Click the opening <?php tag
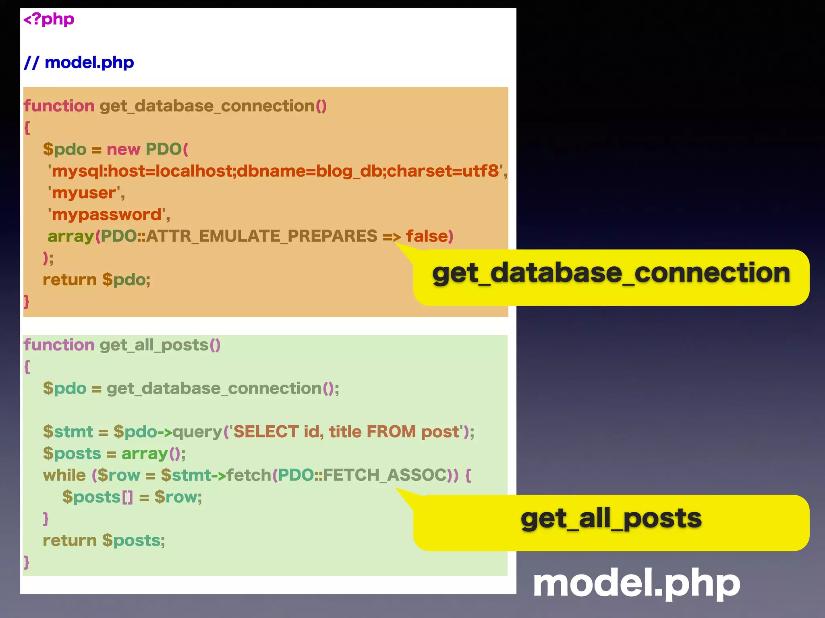[x=49, y=19]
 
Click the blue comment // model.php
[x=79, y=63]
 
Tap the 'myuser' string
[x=86, y=193]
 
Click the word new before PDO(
[x=123, y=150]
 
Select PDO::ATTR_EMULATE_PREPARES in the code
[x=239, y=237]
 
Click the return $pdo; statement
[x=96, y=280]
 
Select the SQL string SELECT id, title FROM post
[x=346, y=432]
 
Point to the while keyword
[x=64, y=476]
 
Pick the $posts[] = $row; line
[x=132, y=497]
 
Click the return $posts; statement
[x=104, y=541]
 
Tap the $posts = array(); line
[x=114, y=454]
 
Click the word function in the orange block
[x=59, y=106]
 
